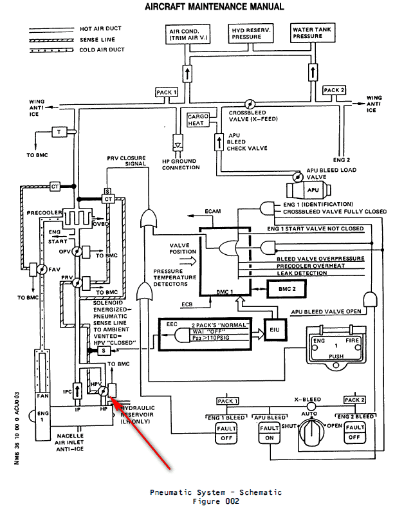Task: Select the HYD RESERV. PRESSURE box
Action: [x=249, y=34]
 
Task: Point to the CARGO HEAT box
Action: [x=196, y=120]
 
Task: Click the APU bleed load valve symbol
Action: [x=297, y=175]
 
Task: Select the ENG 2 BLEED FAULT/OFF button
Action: [x=354, y=432]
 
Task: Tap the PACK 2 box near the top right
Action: [x=335, y=90]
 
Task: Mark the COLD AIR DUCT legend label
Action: [x=100, y=50]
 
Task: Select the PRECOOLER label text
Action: [x=44, y=212]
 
